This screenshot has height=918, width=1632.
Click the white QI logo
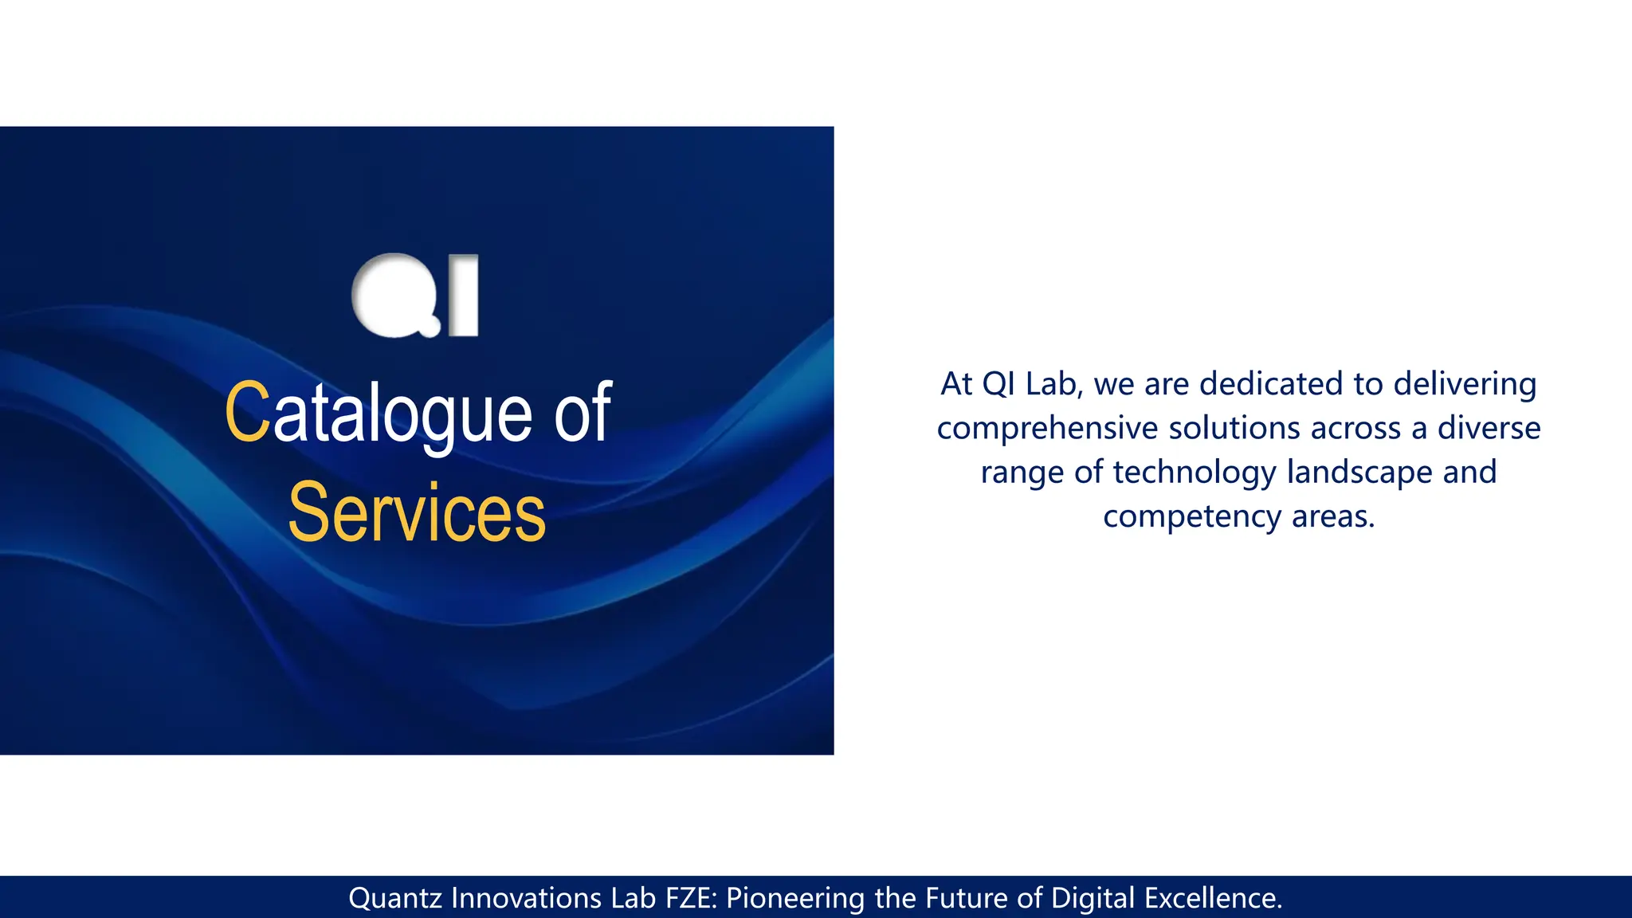click(x=415, y=296)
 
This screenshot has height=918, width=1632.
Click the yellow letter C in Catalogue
click(x=248, y=412)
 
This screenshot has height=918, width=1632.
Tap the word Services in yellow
click(x=417, y=512)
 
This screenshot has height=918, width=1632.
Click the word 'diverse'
click(x=1489, y=428)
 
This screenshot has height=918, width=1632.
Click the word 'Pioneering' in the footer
click(x=795, y=898)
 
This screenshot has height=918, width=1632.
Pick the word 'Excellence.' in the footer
click(x=1214, y=898)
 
